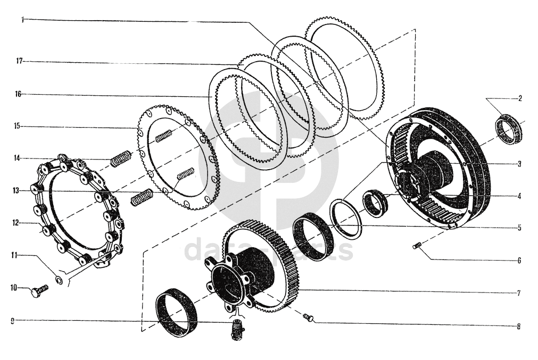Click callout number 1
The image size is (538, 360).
(x=22, y=20)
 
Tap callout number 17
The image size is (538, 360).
(x=19, y=61)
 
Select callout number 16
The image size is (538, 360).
(x=18, y=94)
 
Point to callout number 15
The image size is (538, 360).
(x=17, y=126)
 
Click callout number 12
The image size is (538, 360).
(x=15, y=223)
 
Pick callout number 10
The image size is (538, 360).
(x=14, y=287)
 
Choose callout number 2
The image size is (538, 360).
(x=520, y=99)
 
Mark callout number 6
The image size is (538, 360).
(x=519, y=261)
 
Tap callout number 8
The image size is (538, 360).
(x=519, y=326)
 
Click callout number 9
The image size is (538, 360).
(x=12, y=321)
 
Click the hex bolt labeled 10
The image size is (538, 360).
(x=40, y=291)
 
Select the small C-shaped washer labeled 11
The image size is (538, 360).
(x=59, y=280)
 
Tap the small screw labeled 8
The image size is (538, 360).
(x=309, y=318)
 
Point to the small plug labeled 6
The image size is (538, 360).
(x=417, y=245)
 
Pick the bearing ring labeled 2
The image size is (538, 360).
(x=509, y=130)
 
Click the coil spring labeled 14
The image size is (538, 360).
(x=120, y=158)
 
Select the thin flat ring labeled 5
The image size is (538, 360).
(x=346, y=220)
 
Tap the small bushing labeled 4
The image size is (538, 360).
(x=375, y=203)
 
